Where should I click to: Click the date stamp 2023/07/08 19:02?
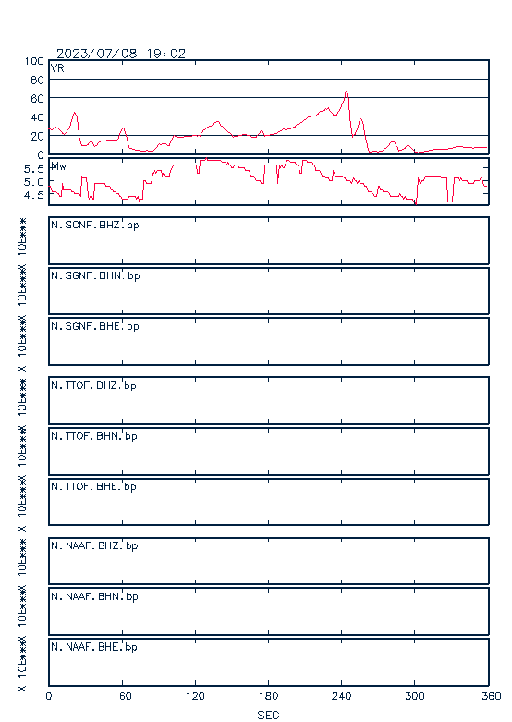121,54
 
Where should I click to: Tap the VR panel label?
57,68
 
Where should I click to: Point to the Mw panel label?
58,166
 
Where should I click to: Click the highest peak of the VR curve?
347,92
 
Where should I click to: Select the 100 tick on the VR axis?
34,61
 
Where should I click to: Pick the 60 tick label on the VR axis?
37,99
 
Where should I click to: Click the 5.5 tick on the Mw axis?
34,169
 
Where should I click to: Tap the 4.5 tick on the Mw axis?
34,195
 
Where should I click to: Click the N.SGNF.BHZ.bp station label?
95,226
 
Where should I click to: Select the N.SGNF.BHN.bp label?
95,275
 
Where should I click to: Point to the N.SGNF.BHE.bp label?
95,326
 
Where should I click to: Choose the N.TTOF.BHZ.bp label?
93,385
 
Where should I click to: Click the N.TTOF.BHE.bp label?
93,486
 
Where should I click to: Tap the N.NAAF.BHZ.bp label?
94,545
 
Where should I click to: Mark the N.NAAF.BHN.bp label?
94,596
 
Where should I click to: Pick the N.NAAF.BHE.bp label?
94,647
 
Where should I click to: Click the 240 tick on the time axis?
341,696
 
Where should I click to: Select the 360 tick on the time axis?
492,696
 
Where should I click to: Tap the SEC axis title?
268,715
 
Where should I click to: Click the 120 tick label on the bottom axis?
195,696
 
